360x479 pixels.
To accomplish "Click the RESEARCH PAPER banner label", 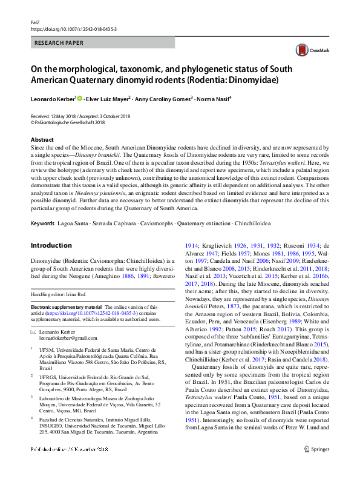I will tap(59, 44).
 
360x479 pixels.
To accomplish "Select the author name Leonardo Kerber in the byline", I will tap(53, 99).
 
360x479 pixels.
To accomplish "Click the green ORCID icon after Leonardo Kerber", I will tap(80, 99).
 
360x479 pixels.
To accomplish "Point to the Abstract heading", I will tap(42, 140).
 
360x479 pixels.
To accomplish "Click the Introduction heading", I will tap(51, 245).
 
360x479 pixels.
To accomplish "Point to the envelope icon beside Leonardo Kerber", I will tap(34, 331).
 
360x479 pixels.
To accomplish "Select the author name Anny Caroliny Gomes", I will tap(164, 99).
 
